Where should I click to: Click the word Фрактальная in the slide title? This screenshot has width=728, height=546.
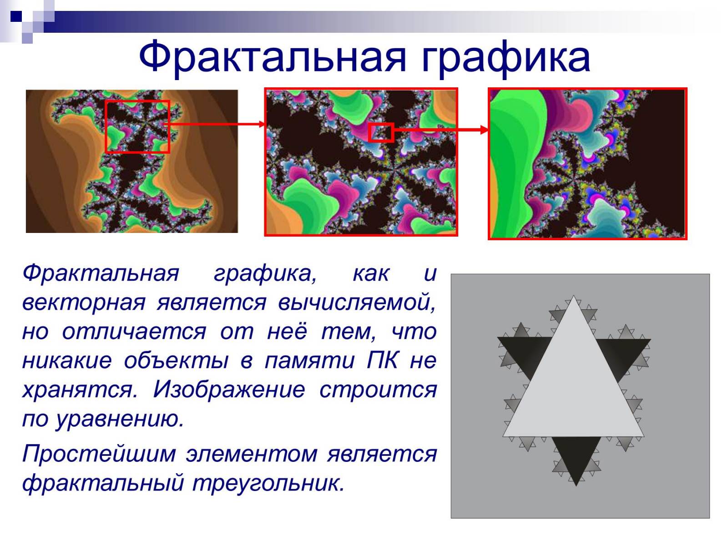pyautogui.click(x=273, y=57)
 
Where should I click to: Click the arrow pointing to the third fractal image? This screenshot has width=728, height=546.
pyautogui.click(x=441, y=130)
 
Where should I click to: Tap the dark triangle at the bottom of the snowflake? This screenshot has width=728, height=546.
pyautogui.click(x=576, y=454)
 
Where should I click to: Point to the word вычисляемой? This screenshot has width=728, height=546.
pyautogui.click(x=357, y=303)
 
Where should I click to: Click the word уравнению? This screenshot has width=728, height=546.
pyautogui.click(x=119, y=420)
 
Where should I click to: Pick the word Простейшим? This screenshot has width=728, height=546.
pyautogui.click(x=99, y=454)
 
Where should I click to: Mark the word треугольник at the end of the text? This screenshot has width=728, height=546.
pyautogui.click(x=268, y=483)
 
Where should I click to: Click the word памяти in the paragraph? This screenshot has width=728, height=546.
pyautogui.click(x=310, y=361)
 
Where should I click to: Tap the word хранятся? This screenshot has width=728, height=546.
pyautogui.click(x=80, y=390)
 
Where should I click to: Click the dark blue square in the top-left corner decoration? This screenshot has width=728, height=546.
pyautogui.click(x=16, y=16)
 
